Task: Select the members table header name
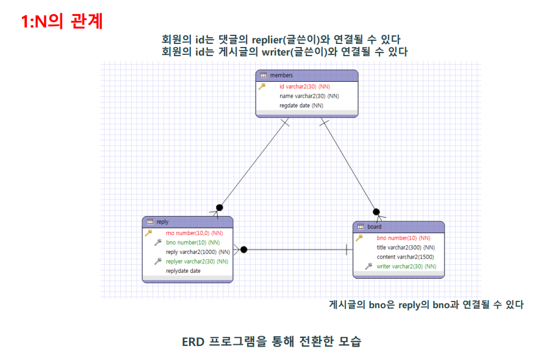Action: tap(281, 76)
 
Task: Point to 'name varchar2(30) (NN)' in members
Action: tap(309, 96)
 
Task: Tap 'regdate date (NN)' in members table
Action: tap(301, 105)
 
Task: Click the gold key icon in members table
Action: tap(262, 87)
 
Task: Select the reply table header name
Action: tap(162, 222)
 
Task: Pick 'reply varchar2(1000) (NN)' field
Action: tap(198, 251)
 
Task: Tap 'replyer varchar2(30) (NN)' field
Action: tap(196, 261)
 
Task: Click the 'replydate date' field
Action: tap(183, 270)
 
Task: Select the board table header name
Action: tap(375, 227)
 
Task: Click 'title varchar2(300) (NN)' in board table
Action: tap(406, 247)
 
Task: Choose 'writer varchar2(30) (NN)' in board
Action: tap(406, 266)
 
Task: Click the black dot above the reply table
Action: tap(220, 207)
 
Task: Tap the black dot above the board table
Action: tap(376, 212)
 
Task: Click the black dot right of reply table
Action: tap(243, 249)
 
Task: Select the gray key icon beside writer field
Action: tap(368, 266)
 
